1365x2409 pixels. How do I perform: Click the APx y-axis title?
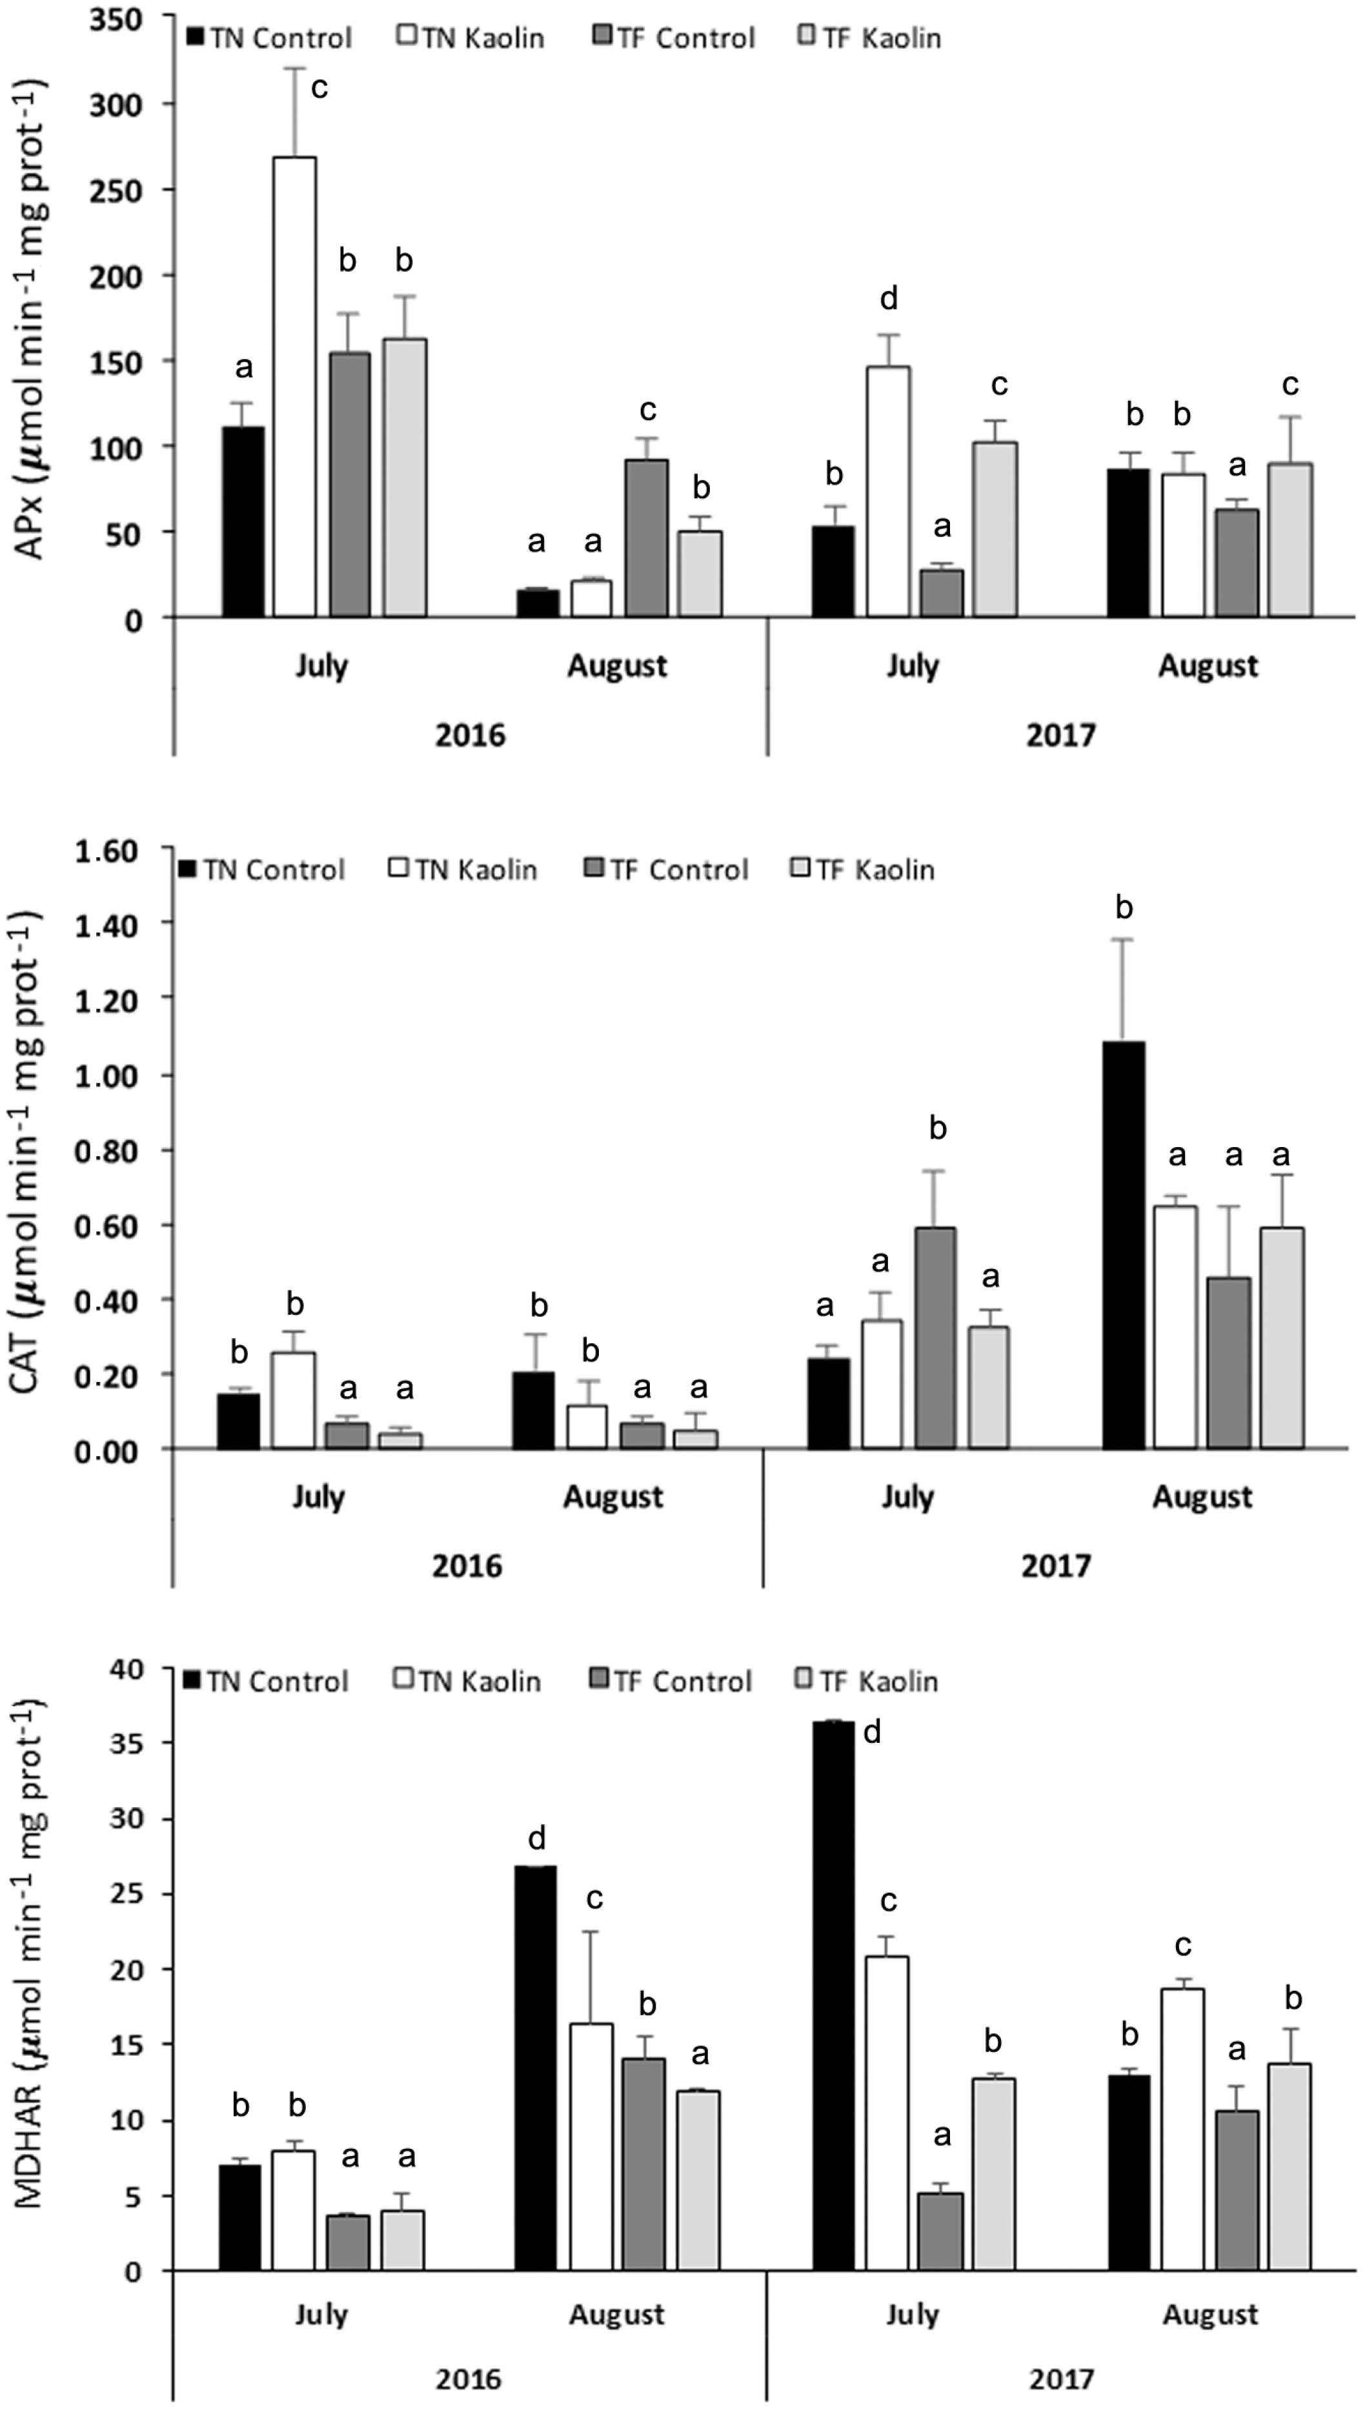32,319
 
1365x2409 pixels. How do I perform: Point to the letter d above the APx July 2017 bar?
888,299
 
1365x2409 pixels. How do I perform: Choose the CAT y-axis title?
32,1148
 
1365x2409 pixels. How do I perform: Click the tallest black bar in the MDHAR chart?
833,1997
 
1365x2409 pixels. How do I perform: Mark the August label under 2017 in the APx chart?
1208,666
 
